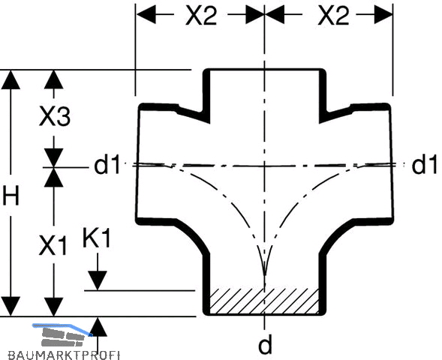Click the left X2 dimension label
[201, 16]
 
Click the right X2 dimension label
[333, 16]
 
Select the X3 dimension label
[55, 116]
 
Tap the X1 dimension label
[53, 245]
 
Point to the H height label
[11, 195]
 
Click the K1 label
[96, 238]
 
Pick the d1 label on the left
[107, 165]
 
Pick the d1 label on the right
[425, 165]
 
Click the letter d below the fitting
[265, 344]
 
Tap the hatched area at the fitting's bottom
[264, 301]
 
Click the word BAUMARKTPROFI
[64, 355]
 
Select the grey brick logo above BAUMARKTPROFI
[62, 335]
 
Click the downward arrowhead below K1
[98, 280]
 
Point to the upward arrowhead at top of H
[11, 79]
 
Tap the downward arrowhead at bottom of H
[11, 306]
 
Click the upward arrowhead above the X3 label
[54, 79]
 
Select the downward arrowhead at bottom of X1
[54, 307]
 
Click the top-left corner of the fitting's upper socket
[204, 69]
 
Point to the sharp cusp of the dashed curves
[264, 274]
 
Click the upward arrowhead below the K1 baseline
[98, 327]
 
